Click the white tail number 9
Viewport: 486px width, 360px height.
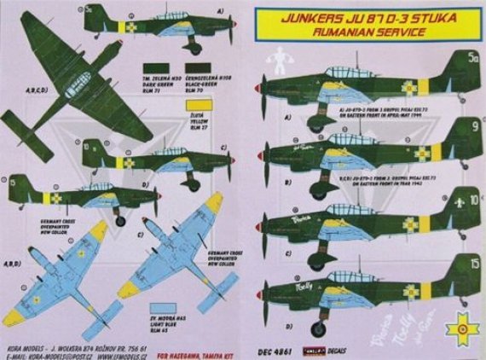(450, 128)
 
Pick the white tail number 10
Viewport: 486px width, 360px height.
(449, 202)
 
